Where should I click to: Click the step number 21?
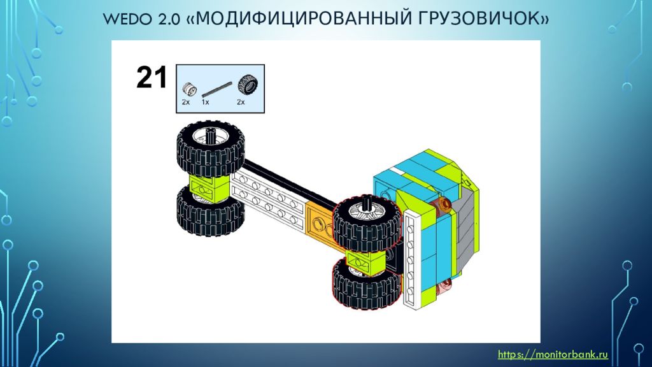click(152, 77)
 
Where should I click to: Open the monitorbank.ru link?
click(553, 354)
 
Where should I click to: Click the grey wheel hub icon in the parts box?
click(188, 89)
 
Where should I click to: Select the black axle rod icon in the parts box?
click(216, 89)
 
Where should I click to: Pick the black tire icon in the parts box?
click(248, 85)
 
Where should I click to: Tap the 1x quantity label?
click(206, 102)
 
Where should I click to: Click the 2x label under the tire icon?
click(241, 102)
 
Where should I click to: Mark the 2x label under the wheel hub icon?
click(186, 102)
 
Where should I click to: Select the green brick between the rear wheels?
click(209, 187)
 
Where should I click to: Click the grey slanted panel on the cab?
click(467, 229)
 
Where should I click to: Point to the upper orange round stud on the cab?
click(444, 204)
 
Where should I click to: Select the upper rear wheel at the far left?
click(210, 148)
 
